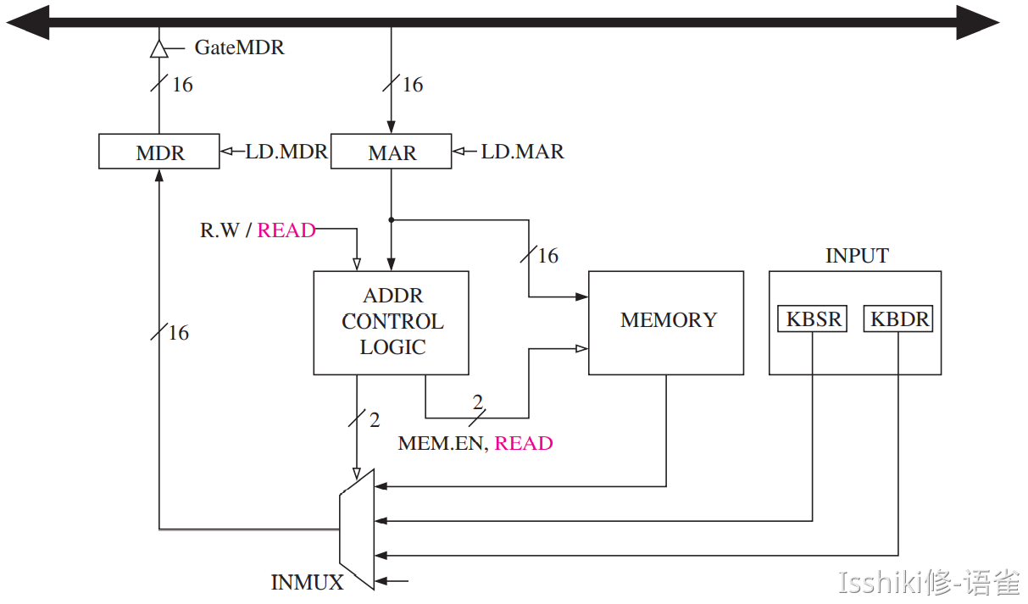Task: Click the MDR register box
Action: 159,152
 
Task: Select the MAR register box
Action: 391,152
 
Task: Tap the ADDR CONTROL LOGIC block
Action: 391,323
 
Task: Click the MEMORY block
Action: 666,322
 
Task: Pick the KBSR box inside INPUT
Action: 812,319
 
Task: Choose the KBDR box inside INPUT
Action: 898,319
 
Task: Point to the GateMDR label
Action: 239,47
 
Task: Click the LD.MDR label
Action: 286,152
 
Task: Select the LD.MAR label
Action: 522,152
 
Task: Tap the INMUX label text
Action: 307,582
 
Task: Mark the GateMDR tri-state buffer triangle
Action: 158,48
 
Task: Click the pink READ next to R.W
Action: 286,230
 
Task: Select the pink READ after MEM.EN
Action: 524,443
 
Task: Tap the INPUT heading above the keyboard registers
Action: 857,256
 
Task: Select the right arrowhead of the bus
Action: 979,22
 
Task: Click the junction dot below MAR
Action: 391,219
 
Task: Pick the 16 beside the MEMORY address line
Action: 548,255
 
